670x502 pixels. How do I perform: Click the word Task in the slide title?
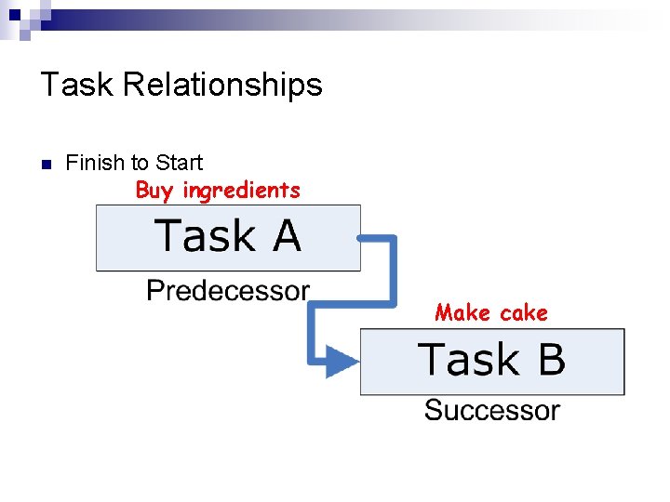[x=77, y=85]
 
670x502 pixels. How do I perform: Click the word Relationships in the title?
[x=222, y=86]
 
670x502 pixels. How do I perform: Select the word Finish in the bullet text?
[x=95, y=163]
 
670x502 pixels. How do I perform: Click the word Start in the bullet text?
[x=179, y=163]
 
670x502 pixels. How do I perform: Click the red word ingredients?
[x=241, y=191]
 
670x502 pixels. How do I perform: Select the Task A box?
[x=228, y=238]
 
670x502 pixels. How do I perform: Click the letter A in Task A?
[x=287, y=236]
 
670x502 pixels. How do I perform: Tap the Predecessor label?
[x=228, y=291]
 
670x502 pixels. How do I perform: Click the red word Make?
[x=462, y=312]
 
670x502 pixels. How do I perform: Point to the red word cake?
[x=523, y=312]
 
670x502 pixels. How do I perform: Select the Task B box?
[x=492, y=361]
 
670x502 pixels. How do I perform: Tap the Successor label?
[x=492, y=410]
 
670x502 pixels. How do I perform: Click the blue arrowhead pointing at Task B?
[x=342, y=361]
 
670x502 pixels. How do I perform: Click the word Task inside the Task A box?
[x=205, y=236]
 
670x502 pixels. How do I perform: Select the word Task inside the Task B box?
[x=467, y=360]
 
